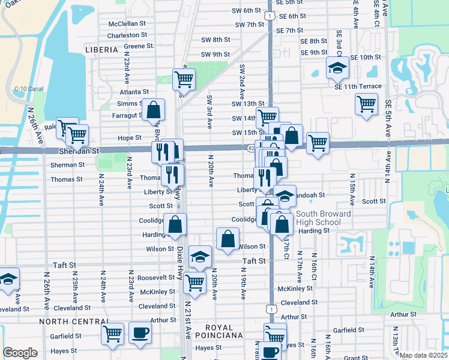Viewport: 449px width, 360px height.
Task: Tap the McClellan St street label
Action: tap(127, 24)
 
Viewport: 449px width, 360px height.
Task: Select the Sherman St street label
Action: tap(67, 164)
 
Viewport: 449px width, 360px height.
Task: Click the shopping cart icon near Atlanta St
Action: tap(184, 79)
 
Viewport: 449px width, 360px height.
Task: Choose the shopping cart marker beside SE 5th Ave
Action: tap(366, 104)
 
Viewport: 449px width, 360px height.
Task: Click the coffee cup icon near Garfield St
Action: tap(140, 332)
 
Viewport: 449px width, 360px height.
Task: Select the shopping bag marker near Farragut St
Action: tap(154, 109)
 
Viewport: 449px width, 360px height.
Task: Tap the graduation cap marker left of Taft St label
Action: tap(200, 256)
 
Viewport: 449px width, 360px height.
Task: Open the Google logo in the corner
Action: tap(20, 353)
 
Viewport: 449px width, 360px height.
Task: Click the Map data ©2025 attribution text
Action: tap(423, 355)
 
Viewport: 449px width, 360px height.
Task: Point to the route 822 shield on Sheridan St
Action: tap(250, 147)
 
